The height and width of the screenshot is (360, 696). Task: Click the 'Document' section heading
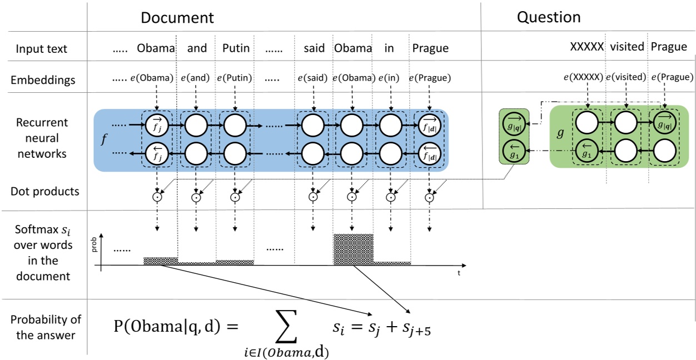click(177, 18)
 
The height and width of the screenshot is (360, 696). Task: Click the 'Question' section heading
click(548, 17)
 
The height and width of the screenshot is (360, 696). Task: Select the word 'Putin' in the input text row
click(236, 48)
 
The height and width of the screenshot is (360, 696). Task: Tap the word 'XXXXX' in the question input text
click(586, 47)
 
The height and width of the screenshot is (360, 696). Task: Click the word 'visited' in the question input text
click(627, 47)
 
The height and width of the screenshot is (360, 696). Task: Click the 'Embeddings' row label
click(43, 80)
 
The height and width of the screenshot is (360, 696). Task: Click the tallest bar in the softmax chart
click(353, 249)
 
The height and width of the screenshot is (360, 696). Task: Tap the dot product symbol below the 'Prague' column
click(429, 197)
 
